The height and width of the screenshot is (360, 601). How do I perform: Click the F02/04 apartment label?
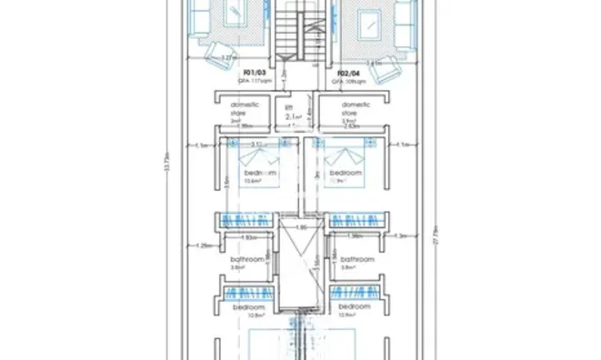(x=347, y=72)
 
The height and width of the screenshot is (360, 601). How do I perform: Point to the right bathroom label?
(x=356, y=259)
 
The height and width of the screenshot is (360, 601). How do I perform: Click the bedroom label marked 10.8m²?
(x=247, y=308)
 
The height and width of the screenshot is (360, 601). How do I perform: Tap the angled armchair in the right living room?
(x=385, y=65)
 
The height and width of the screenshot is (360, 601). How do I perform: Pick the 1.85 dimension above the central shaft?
(x=299, y=227)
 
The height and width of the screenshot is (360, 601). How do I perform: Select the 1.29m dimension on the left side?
(x=204, y=245)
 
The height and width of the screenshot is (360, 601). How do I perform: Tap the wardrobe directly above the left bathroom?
(x=247, y=219)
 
